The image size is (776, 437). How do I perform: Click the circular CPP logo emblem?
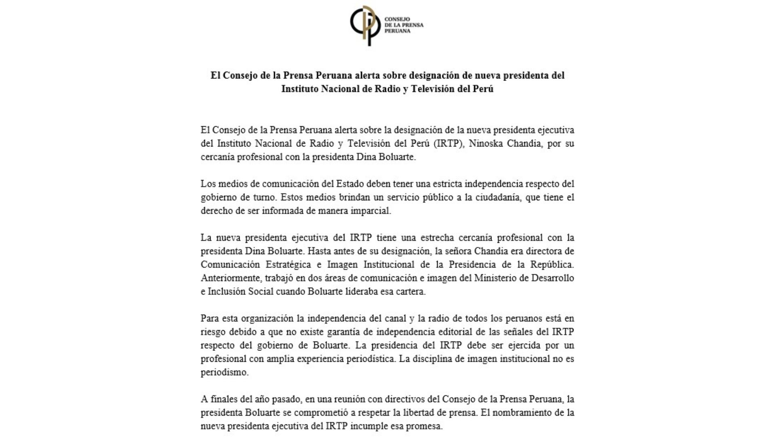365,25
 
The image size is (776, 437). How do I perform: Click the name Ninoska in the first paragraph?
485,144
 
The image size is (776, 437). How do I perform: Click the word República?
552,265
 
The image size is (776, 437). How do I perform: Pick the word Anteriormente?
231,278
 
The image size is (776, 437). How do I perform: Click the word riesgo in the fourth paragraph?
213,332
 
